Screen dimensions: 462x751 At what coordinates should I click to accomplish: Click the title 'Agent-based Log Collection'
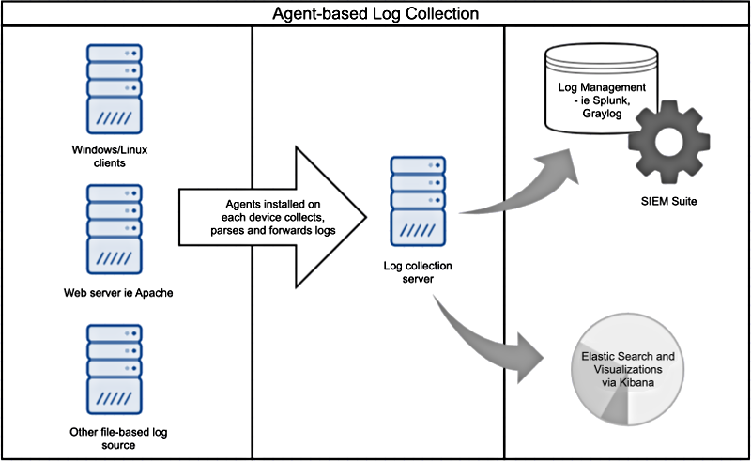click(375, 14)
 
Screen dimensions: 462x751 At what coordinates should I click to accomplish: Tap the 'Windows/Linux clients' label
click(112, 155)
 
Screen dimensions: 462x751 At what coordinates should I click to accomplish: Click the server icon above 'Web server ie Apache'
click(112, 228)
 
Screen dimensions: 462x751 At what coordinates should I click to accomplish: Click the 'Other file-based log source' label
click(112, 438)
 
